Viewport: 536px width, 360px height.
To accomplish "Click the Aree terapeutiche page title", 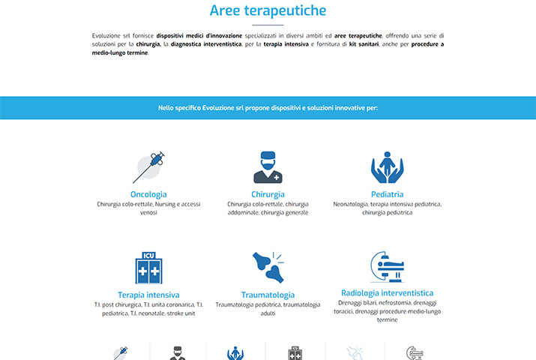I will [x=268, y=10].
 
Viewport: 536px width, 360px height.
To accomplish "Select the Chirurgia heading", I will [x=268, y=194].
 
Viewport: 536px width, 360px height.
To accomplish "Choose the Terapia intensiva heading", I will [x=148, y=295].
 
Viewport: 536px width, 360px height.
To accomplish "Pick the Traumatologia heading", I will [x=268, y=295].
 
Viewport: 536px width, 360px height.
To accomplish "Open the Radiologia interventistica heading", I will [x=387, y=292].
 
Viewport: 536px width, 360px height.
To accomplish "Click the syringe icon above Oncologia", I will [x=148, y=166].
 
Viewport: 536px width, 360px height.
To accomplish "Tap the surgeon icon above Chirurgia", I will [x=268, y=167].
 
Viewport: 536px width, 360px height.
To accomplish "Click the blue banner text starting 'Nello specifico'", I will [x=268, y=108].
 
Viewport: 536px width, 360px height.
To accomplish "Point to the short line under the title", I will [x=268, y=25].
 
